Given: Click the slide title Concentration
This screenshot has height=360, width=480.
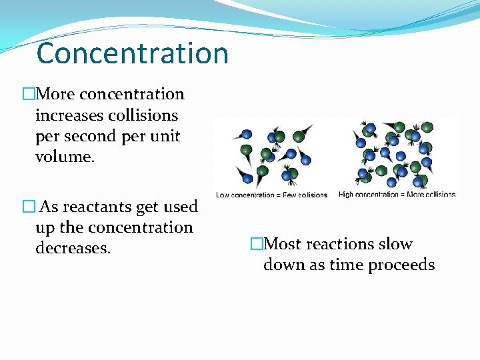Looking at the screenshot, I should tap(133, 53).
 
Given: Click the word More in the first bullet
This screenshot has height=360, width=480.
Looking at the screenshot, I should tap(54, 94).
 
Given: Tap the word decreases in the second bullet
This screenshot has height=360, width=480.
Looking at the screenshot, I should tap(72, 248).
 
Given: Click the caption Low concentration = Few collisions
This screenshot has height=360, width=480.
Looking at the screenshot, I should tap(272, 195).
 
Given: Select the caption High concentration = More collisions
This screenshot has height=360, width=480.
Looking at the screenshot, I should tap(397, 195).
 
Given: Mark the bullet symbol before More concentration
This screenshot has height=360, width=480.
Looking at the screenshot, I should tap(29, 95).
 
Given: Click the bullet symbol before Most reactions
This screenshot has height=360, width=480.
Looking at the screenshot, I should tap(257, 245).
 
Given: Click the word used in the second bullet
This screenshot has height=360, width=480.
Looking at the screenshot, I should tap(181, 207).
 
